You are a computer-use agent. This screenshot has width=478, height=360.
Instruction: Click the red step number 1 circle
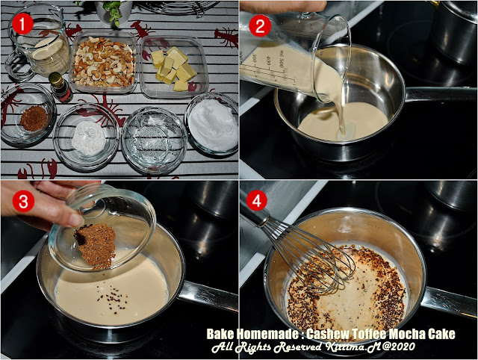click(x=22, y=25)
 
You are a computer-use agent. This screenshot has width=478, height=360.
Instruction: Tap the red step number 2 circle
click(x=260, y=25)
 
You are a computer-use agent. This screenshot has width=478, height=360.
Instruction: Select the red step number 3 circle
click(x=23, y=202)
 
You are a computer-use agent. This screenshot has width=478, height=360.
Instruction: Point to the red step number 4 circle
click(x=257, y=201)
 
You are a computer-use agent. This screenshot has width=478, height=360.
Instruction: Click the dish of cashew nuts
click(x=104, y=62)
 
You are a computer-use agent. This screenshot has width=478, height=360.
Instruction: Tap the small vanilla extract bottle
click(x=60, y=87)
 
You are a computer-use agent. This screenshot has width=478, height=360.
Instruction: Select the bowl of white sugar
click(x=212, y=123)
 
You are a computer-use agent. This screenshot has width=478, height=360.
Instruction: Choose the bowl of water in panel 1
click(x=155, y=140)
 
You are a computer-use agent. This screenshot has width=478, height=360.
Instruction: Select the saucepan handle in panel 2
click(x=441, y=94)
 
